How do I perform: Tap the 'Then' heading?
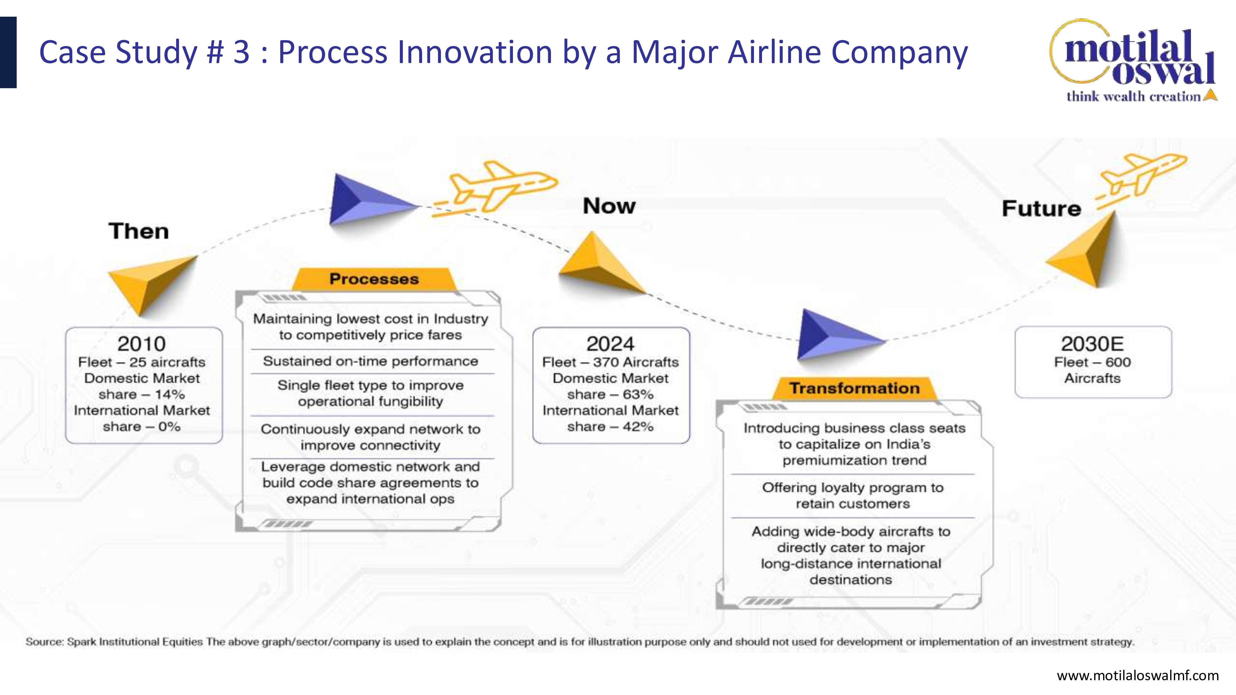tap(139, 231)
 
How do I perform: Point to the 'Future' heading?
tap(1041, 208)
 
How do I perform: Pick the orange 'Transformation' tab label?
tap(855, 388)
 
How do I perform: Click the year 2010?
tap(142, 343)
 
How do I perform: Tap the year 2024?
tap(610, 343)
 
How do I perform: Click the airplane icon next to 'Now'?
tap(494, 188)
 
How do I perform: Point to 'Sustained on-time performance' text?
tap(370, 361)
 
